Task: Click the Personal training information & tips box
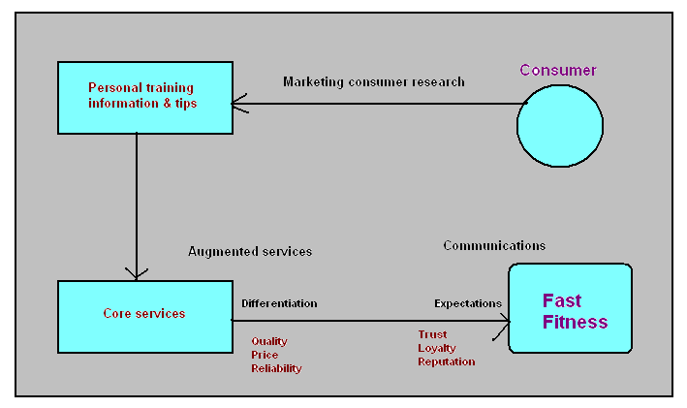[145, 97]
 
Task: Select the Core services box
[144, 316]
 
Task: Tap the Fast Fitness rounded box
[570, 308]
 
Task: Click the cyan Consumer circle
[559, 127]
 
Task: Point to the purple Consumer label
[558, 70]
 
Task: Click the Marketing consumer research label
[373, 81]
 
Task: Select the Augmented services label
[250, 251]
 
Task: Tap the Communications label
[494, 245]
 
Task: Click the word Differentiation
[279, 303]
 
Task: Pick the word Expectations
[467, 303]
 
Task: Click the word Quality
[269, 341]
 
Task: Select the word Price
[265, 355]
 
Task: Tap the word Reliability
[276, 368]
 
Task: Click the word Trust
[432, 334]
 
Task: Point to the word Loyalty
[437, 348]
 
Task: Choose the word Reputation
[446, 361]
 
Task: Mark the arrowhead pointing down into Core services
[137, 272]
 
